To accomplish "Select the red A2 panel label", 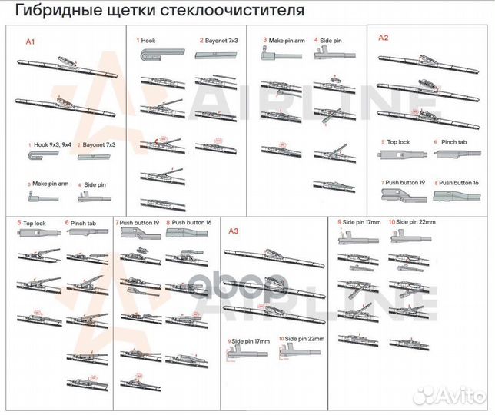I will [384, 38].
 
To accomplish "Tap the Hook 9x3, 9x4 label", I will [51, 144].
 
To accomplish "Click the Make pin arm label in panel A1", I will [50, 184].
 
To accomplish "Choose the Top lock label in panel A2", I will [398, 142].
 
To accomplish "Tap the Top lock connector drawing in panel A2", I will [404, 156].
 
